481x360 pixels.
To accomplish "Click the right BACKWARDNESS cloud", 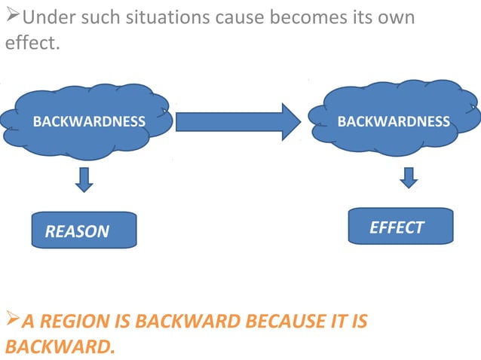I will tap(394, 121).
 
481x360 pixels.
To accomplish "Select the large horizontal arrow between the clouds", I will tap(238, 121).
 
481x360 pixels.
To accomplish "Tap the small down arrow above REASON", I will tap(84, 179).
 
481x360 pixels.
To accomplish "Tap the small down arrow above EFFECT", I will tap(409, 177).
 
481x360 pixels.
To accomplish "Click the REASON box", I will tap(84, 230).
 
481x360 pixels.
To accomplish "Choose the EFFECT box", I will tap(400, 227).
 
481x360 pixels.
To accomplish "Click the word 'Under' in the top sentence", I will tap(47, 17).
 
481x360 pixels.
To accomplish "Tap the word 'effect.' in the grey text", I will tap(31, 43).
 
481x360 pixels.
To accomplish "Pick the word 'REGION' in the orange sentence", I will tap(81, 322).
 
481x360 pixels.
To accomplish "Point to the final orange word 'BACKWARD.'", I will tap(60, 347).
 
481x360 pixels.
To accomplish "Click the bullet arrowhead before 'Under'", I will tap(11, 16).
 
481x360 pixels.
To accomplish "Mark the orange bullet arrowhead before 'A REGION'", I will tap(11, 320).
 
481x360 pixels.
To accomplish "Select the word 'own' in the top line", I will tap(397, 17).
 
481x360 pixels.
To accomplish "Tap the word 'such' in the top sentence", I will tap(102, 17).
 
